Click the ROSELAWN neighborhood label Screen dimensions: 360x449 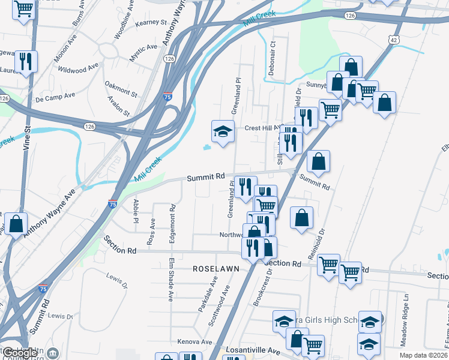click(215, 269)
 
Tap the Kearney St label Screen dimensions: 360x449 click(150, 22)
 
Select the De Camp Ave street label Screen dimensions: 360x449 click(55, 96)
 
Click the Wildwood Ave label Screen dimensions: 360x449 click(78, 67)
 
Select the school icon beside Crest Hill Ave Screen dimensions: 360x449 click(222, 131)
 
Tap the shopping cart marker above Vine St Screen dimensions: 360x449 click(23, 10)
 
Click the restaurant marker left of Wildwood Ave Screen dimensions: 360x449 click(25, 61)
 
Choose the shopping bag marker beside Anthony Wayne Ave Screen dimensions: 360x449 click(16, 225)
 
